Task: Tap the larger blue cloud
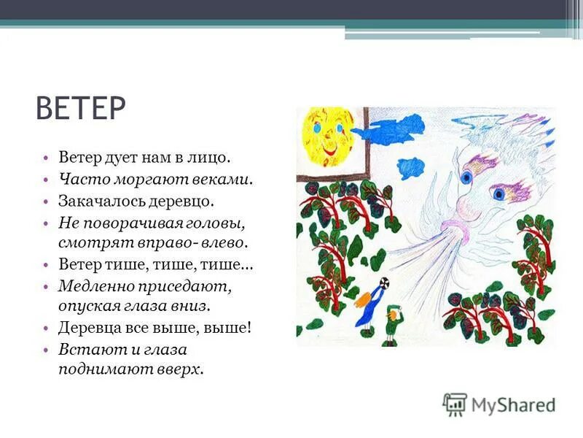398,129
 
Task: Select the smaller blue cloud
412,167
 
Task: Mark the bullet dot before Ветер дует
44,158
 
